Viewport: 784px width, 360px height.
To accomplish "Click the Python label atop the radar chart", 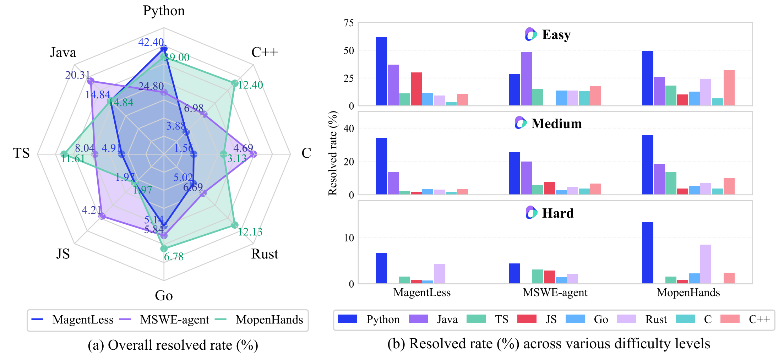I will [x=164, y=11].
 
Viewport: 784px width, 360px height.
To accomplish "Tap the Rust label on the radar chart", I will [x=265, y=254].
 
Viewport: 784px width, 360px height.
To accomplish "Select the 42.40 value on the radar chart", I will [x=151, y=42].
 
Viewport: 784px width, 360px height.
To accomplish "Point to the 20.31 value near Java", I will [x=78, y=75].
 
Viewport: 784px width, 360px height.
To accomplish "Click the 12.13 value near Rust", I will [x=250, y=232].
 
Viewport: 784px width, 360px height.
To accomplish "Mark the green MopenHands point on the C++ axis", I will [x=235, y=83].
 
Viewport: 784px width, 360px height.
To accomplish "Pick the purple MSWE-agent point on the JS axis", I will [x=102, y=216].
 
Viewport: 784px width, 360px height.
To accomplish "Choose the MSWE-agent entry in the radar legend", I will [x=174, y=320].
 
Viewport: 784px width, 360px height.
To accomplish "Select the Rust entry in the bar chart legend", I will [x=656, y=320].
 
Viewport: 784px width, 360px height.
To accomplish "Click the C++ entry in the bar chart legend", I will [x=759, y=320].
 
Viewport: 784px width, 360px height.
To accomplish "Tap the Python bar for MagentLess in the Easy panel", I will [x=381, y=71].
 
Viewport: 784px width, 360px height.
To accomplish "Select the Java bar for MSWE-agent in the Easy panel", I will [x=526, y=79].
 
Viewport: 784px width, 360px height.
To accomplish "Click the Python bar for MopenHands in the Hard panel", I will [x=648, y=253].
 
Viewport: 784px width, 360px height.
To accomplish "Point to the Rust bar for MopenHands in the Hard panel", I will [x=706, y=264].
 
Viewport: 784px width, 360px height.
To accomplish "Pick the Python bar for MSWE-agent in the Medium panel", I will [x=514, y=173].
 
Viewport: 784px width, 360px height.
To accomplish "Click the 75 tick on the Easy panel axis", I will [x=349, y=23].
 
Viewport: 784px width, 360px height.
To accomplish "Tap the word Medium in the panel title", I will [x=556, y=124].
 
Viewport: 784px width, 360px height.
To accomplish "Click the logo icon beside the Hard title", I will [x=531, y=213].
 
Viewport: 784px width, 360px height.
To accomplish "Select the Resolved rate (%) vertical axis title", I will [x=333, y=153].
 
